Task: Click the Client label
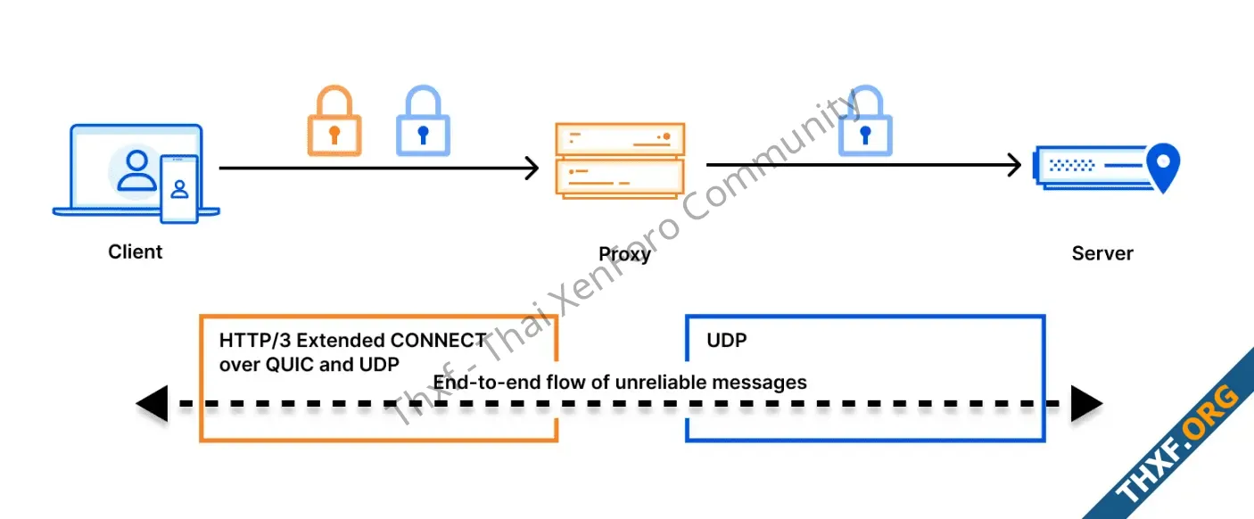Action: click(x=136, y=252)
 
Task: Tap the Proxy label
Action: click(x=624, y=254)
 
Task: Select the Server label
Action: click(x=1102, y=253)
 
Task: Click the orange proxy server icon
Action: click(x=620, y=160)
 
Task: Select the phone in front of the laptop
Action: click(x=179, y=188)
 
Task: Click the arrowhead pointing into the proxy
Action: click(x=532, y=168)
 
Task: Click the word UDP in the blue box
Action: click(x=726, y=341)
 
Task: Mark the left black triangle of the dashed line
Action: click(x=152, y=404)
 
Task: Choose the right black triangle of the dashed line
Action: click(x=1086, y=404)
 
